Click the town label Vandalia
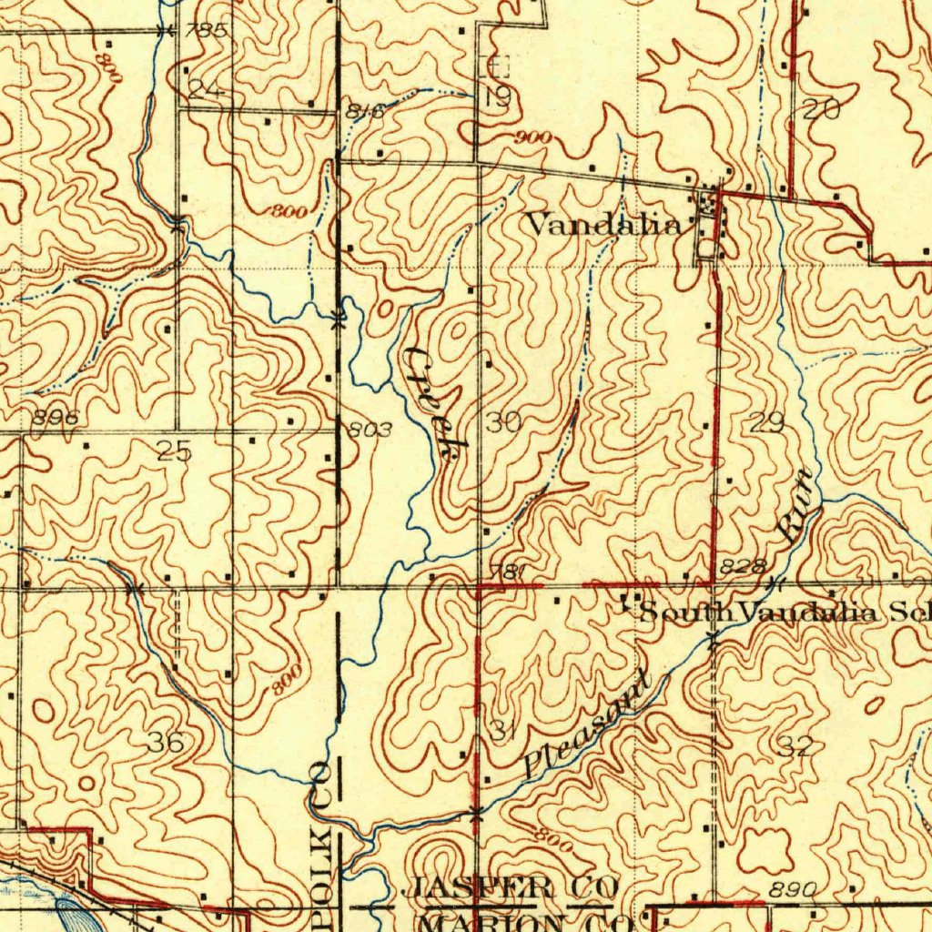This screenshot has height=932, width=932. point(603,225)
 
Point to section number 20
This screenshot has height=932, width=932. point(821,111)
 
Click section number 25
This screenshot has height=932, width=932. point(173,451)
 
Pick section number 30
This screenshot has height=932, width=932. point(503,422)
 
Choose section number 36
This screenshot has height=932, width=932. point(167,743)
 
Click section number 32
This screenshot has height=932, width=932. point(795,748)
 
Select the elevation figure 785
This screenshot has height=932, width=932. point(205,31)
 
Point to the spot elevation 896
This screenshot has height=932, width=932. point(56,418)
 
